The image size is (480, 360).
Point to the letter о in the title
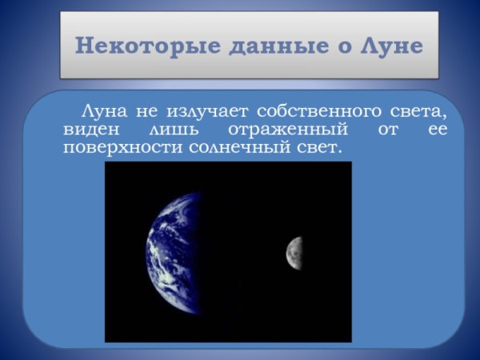[x=341, y=45]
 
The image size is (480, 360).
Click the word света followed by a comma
[x=418, y=110]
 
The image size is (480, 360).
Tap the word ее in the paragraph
[x=437, y=128]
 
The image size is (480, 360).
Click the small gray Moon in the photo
[x=294, y=251]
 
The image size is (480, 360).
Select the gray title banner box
[x=250, y=45]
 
